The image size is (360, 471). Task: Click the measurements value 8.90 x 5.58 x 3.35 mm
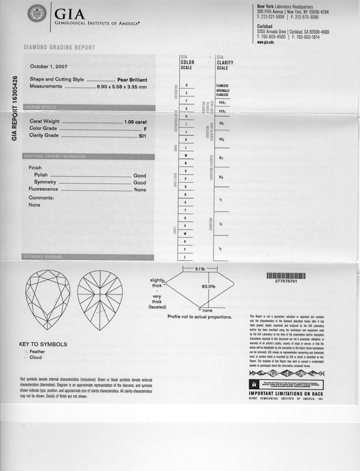coord(121,87)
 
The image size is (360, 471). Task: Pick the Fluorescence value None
coord(140,189)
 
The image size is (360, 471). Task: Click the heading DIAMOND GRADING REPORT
coord(59,47)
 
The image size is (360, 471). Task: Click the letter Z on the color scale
coord(186,257)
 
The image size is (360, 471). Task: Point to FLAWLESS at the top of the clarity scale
coord(222,85)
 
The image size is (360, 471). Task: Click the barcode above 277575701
coord(285,275)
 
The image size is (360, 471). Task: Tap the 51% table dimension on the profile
coord(200,268)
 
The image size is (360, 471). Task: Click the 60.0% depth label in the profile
coord(208,286)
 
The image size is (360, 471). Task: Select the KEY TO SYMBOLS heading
coord(43,344)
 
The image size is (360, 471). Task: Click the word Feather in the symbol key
coord(37,351)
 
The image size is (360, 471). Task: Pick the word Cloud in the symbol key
coord(35,358)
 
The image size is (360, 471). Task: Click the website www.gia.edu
coord(265,42)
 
